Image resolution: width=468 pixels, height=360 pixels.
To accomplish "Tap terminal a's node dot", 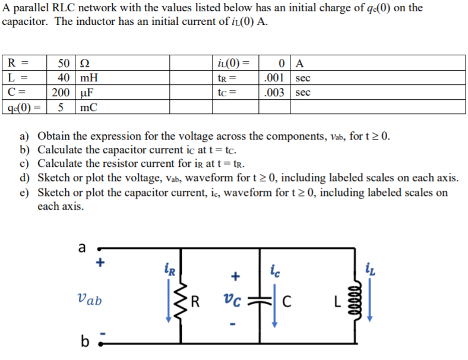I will [99, 250].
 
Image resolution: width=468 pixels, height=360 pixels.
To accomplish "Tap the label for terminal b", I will [84, 343].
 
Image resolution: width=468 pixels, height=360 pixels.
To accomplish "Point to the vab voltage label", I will [90, 301].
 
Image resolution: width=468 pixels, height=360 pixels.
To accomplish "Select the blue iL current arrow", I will [370, 297].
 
